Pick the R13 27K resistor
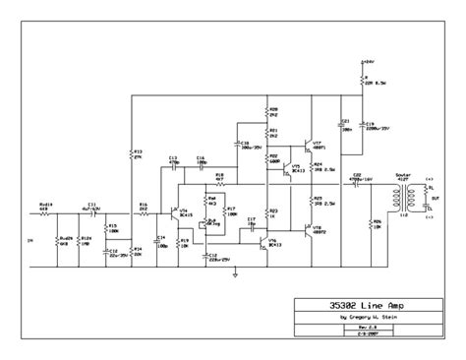point(131,151)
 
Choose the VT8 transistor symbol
point(309,231)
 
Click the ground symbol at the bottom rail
point(233,276)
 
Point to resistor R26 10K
point(373,224)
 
